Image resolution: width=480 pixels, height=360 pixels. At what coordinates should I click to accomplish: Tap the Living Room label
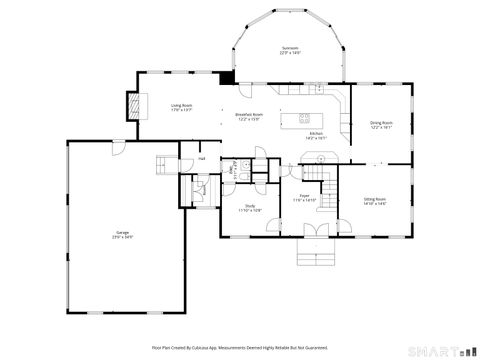pos(181,107)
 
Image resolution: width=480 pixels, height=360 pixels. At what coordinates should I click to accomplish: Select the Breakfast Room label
pos(249,116)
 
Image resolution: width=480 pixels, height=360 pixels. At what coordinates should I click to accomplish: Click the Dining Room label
pos(381,125)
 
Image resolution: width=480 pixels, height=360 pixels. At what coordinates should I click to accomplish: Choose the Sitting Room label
pos(374,201)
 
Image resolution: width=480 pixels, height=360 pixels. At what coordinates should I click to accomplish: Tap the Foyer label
pos(304,199)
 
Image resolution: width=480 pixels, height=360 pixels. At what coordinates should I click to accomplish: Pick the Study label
pos(249,208)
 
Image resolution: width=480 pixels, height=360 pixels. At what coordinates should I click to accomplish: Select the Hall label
pos(201,158)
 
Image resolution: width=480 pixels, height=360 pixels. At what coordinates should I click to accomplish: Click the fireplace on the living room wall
pos(132,104)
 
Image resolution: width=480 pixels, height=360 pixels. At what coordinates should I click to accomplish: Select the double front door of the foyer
pos(316,232)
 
